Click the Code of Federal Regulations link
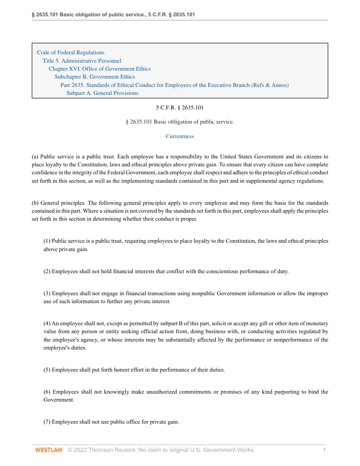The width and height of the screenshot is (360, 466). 71,53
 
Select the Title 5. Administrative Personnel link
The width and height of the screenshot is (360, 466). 82,61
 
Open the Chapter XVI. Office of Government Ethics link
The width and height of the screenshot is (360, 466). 100,69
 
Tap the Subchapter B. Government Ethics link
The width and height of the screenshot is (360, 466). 95,77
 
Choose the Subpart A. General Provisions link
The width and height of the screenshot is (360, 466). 102,93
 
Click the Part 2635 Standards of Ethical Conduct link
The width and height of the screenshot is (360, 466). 174,85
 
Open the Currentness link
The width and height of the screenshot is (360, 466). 180,136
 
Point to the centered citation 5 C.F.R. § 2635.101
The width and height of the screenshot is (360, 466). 180,107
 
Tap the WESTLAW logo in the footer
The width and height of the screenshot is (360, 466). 49,450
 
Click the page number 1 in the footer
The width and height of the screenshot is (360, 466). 324,450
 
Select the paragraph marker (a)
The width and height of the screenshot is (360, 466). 35,157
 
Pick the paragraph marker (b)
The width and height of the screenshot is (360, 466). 35,203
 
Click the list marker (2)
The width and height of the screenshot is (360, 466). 47,271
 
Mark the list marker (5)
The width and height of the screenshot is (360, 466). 47,370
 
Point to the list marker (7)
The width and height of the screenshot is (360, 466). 47,422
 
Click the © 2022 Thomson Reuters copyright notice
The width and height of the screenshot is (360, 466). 161,450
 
